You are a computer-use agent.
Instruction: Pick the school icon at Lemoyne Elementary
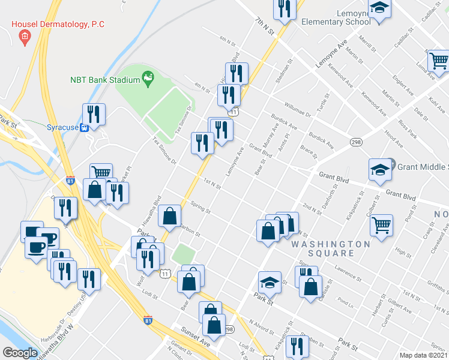[x=379, y=9]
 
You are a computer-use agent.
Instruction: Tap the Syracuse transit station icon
[x=85, y=127]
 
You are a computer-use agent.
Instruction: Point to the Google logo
[x=20, y=353]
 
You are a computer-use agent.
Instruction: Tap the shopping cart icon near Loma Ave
[x=439, y=61]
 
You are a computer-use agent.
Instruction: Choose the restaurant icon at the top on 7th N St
[x=284, y=8]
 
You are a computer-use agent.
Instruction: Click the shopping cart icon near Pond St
[x=381, y=225]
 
